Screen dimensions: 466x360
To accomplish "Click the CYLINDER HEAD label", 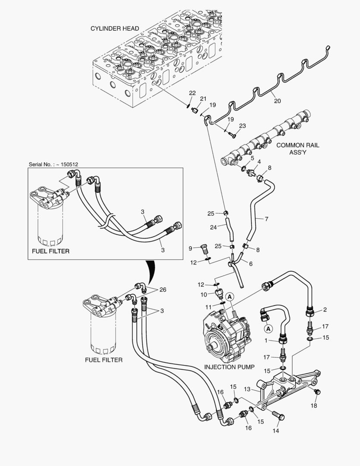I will click(114, 28).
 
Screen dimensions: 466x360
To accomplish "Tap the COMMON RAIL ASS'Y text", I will click(297, 149).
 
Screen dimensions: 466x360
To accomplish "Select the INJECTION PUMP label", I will click(229, 367).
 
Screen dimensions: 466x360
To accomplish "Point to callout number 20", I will click(277, 101).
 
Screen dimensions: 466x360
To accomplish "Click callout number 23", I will click(242, 126).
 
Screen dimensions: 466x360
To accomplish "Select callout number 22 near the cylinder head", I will click(192, 93).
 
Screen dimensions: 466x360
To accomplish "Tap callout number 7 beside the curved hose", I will click(266, 219).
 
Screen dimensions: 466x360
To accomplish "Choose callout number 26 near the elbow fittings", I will click(162, 289).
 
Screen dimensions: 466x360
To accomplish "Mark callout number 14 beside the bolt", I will click(276, 431).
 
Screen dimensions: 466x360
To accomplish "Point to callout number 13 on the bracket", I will click(260, 389).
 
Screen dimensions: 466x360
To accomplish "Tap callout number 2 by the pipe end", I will click(325, 310).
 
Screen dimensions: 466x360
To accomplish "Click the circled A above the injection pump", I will click(230, 297).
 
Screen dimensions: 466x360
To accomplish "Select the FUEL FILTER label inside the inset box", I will click(50, 251).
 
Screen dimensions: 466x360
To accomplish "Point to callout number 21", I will click(203, 99).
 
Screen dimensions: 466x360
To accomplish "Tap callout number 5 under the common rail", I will click(252, 158).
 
